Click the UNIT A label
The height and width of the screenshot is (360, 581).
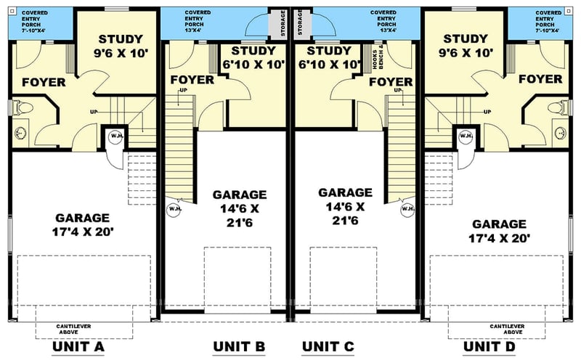coord(79,346)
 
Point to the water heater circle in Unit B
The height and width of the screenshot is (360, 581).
coord(174,210)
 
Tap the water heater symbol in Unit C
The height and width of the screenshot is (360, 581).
coord(408,210)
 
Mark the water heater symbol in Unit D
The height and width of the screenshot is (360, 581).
coord(466,136)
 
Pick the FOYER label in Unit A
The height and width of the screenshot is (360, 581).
coord(43,82)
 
